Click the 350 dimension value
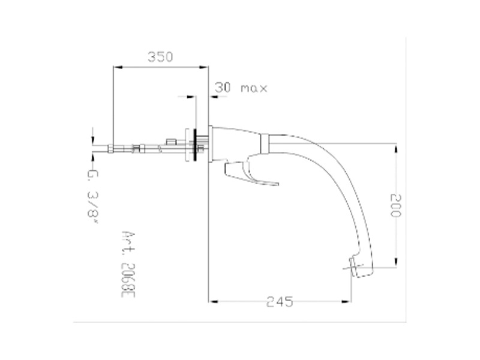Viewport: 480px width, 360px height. click(160, 57)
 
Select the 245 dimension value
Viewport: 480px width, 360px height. click(280, 302)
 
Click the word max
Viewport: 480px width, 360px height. click(253, 88)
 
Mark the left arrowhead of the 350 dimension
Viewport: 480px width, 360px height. click(116, 68)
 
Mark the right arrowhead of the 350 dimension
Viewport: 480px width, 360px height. click(204, 68)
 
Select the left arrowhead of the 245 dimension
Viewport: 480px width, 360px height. click(211, 301)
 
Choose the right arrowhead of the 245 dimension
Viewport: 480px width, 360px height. click(347, 301)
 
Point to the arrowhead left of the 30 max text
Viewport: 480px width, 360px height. click(212, 96)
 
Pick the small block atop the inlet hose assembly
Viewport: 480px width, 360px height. click(170, 141)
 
